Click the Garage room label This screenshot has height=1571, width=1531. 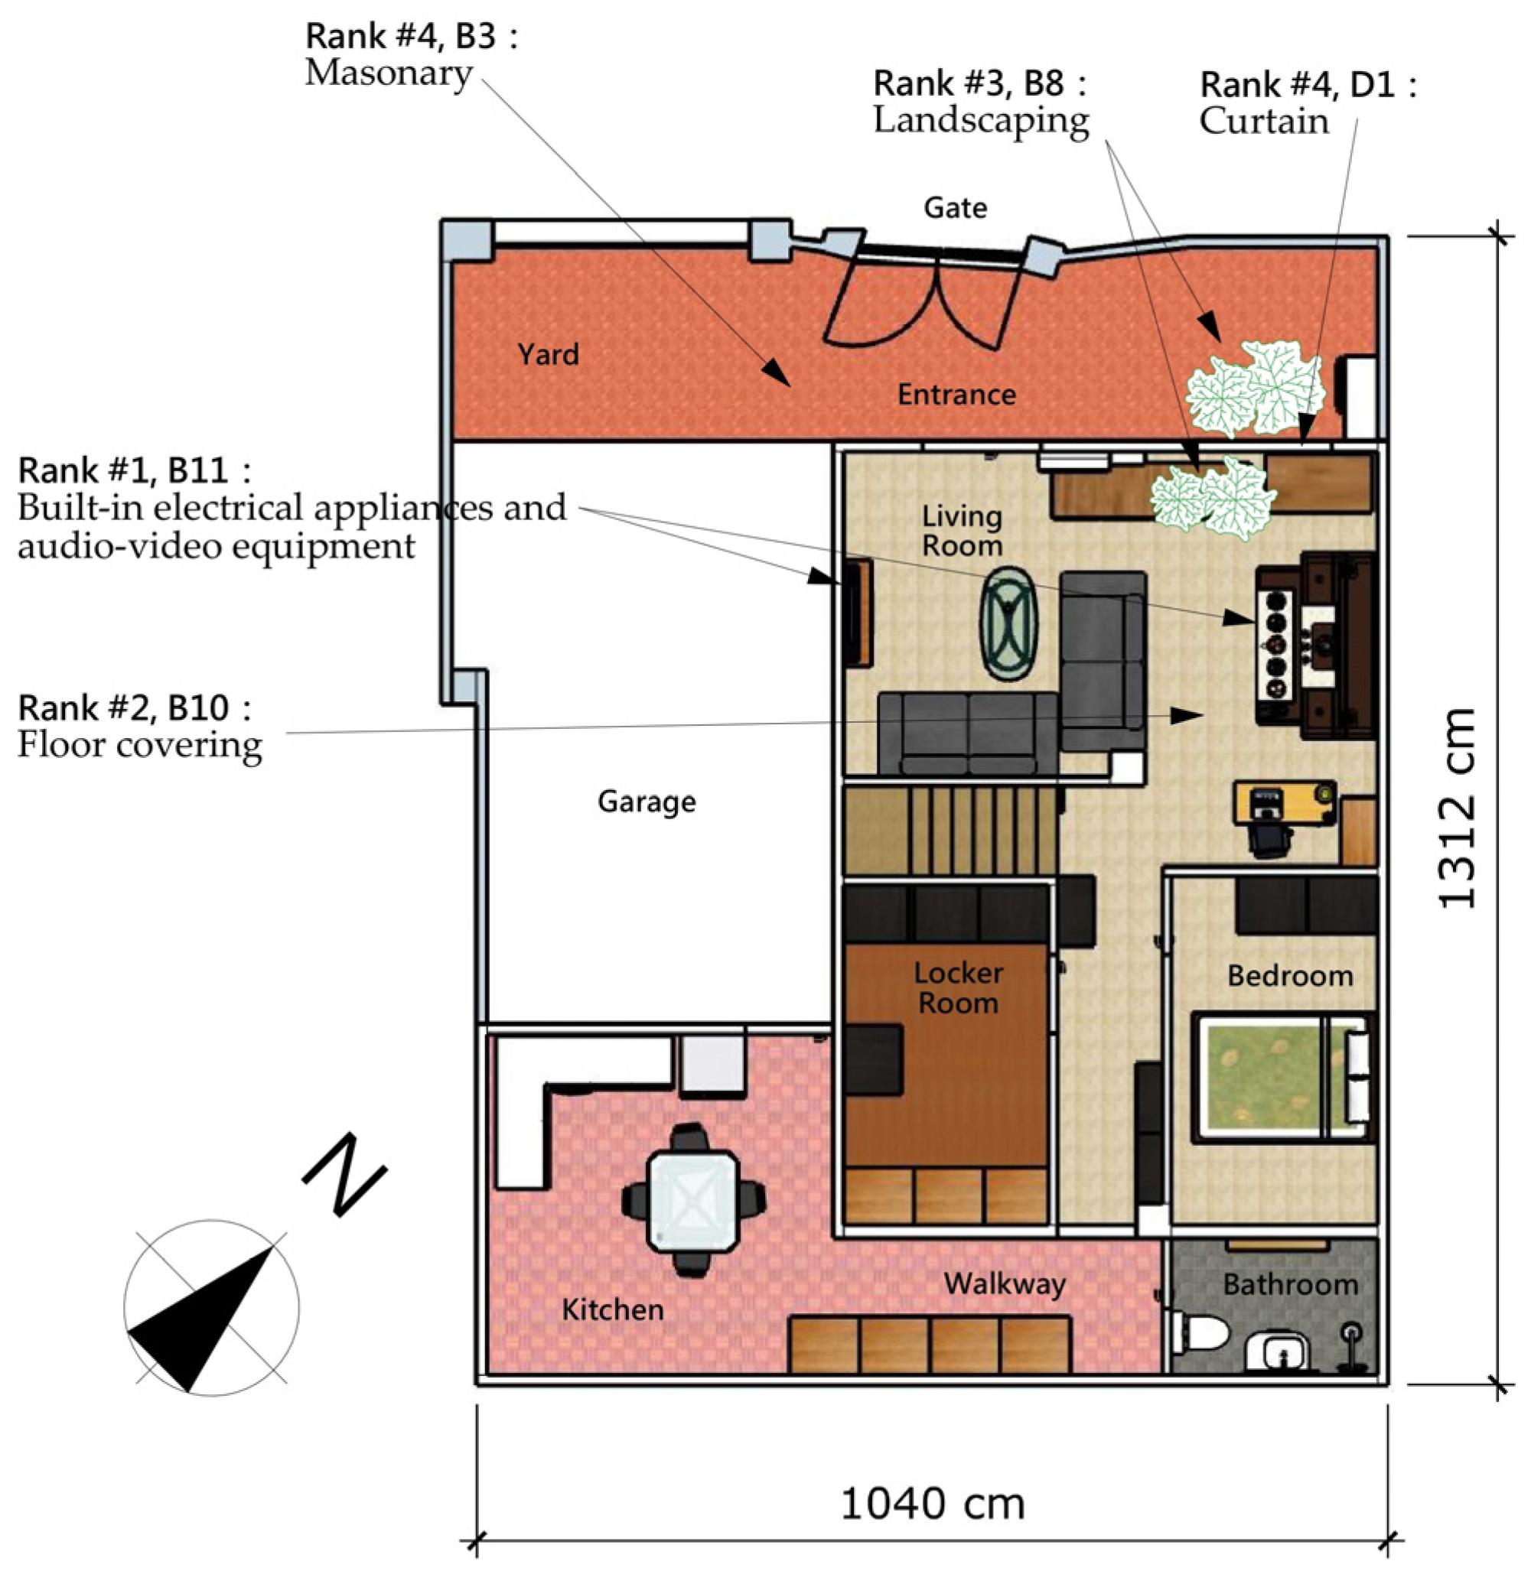pyautogui.click(x=647, y=802)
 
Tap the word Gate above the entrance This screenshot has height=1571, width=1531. pyautogui.click(x=956, y=208)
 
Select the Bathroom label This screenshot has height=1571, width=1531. pyautogui.click(x=1291, y=1284)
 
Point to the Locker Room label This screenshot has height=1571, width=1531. pyautogui.click(x=959, y=988)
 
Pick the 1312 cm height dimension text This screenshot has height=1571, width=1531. pyautogui.click(x=1456, y=808)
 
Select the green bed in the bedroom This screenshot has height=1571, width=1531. pyautogui.click(x=1283, y=1078)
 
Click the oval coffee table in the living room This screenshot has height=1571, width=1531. pyautogui.click(x=1008, y=624)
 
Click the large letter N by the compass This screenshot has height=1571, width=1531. pyautogui.click(x=345, y=1175)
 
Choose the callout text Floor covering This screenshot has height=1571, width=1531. pyautogui.click(x=140, y=744)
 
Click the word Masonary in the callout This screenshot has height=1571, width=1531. pyautogui.click(x=389, y=74)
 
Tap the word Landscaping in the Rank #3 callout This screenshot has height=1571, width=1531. pyautogui.click(x=981, y=121)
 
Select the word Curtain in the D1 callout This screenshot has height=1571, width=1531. pyautogui.click(x=1264, y=122)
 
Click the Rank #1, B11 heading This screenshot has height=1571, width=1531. pyautogui.click(x=135, y=470)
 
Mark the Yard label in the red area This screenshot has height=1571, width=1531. pyautogui.click(x=549, y=355)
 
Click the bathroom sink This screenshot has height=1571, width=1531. pyautogui.click(x=1282, y=1353)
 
